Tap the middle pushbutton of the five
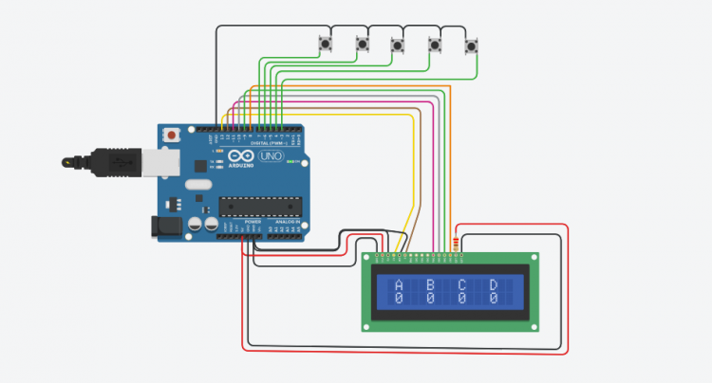click(398, 44)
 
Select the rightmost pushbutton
click(472, 45)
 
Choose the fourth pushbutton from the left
click(436, 44)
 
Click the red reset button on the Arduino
click(171, 136)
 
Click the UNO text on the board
click(271, 155)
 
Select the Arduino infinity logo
click(241, 155)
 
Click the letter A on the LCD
click(399, 285)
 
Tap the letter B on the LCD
click(430, 285)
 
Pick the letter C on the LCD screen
click(461, 285)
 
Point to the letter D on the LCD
click(493, 285)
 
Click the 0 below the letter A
click(399, 298)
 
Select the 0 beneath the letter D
click(493, 298)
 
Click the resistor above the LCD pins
click(460, 243)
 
